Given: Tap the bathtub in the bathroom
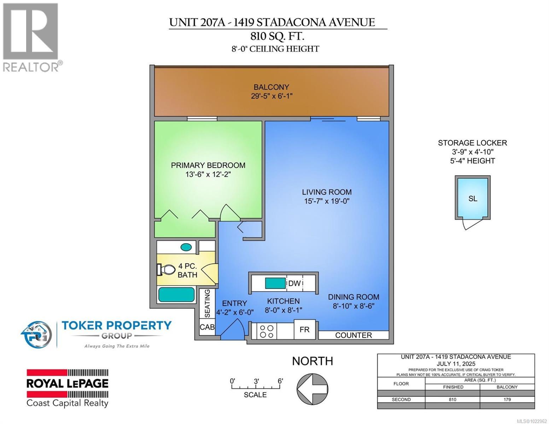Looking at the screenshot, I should [x=176, y=295].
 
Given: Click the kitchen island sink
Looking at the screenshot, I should [x=275, y=283].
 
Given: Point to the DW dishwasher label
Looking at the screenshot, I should [x=294, y=283].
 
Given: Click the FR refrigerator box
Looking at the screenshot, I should [x=305, y=330].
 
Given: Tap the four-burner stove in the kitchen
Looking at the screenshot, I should [x=267, y=331].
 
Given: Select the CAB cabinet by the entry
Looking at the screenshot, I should [x=207, y=327].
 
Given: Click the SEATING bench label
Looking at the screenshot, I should [x=208, y=304].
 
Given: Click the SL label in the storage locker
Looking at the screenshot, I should [x=473, y=199].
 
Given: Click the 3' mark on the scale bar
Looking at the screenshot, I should [x=256, y=382].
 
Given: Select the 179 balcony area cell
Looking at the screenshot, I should [x=507, y=400].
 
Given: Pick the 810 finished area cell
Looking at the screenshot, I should [x=452, y=400].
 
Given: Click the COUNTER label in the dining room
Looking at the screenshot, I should [x=354, y=335].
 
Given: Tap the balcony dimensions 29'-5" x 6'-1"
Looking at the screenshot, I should [x=271, y=96].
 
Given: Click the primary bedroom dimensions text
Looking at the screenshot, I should [x=208, y=174].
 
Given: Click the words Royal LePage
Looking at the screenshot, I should [x=68, y=383].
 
